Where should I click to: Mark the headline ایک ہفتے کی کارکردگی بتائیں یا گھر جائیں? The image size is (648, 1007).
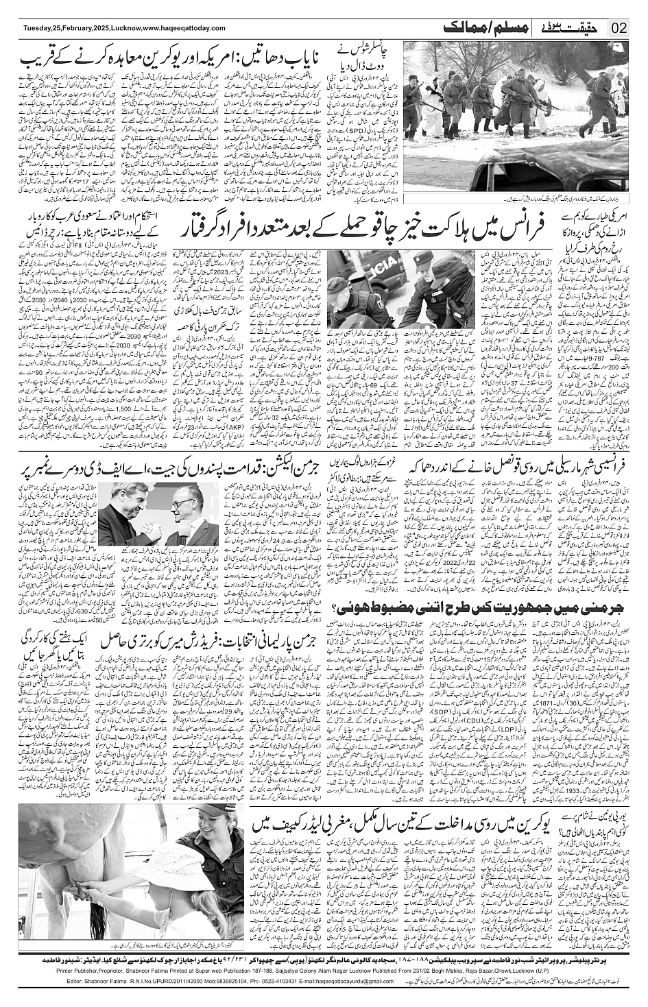[x=56, y=638]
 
